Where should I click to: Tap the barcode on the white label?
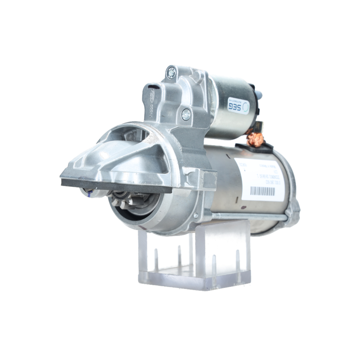(x=262, y=190)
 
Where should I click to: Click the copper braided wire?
(x=256, y=139)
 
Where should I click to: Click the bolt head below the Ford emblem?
(x=186, y=114)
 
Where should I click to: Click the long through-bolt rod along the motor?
(x=248, y=216)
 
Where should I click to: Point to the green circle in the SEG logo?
(x=246, y=105)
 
